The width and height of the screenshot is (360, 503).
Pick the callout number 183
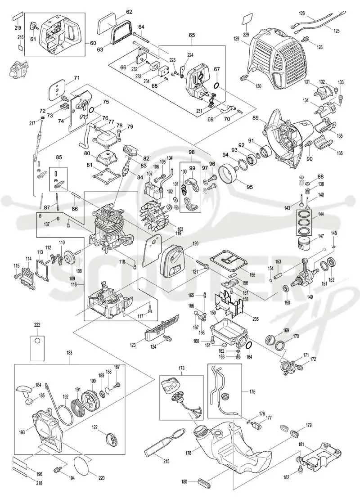tap(69, 353)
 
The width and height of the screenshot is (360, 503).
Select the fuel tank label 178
tap(189, 453)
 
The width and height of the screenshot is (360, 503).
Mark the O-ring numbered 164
tap(248, 346)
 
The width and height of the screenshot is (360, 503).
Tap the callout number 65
tap(192, 34)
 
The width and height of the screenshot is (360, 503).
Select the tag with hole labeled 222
tap(37, 348)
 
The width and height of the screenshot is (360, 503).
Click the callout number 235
tap(256, 319)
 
